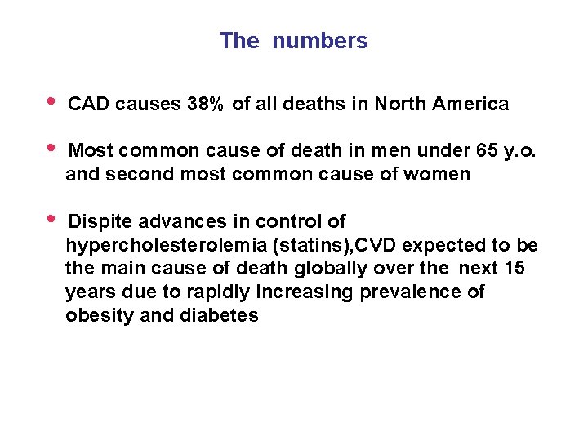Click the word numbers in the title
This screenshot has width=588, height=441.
coord(320,41)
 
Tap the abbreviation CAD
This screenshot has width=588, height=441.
coord(90,105)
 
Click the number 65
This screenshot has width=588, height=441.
coord(485,151)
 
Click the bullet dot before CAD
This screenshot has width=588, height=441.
coord(51,102)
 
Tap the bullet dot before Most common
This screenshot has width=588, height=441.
coord(51,149)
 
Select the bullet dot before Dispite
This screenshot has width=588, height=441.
coord(51,219)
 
